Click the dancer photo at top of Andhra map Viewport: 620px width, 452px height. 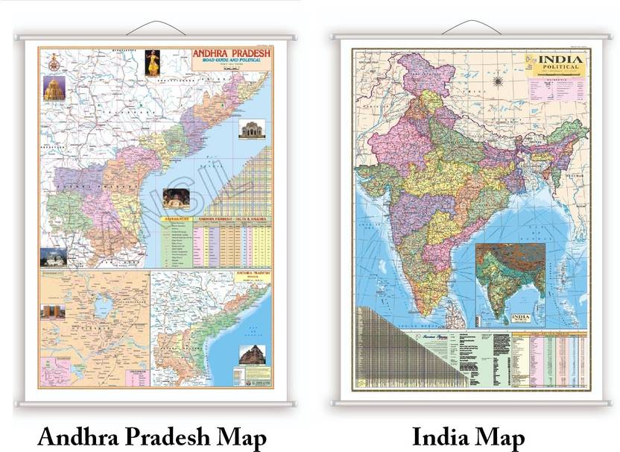(152, 63)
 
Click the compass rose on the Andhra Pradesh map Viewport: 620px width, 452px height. (54, 63)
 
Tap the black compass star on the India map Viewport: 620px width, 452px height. (499, 79)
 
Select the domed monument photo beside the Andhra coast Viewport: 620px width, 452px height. (250, 129)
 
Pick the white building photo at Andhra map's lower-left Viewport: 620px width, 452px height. (53, 257)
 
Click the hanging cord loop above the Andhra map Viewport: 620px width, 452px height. (154, 28)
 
